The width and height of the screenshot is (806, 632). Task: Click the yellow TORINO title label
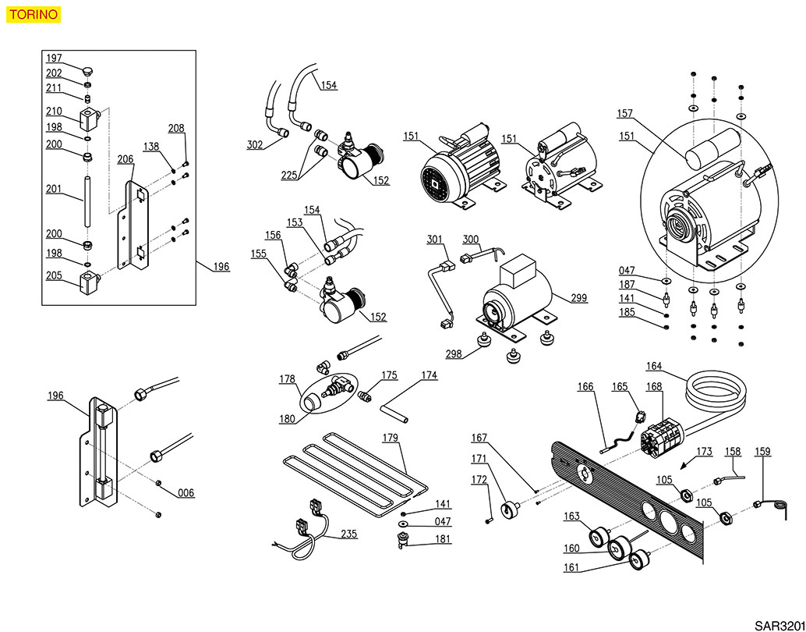(31, 14)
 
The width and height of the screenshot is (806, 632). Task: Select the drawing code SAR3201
(779, 625)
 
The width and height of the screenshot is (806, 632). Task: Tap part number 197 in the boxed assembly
(54, 59)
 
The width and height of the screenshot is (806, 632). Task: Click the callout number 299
(578, 298)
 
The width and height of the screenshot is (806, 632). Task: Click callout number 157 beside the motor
(625, 113)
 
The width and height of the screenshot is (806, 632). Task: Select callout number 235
(348, 535)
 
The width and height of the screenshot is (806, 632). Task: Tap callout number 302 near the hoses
(254, 144)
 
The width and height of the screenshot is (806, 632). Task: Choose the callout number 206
(125, 158)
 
